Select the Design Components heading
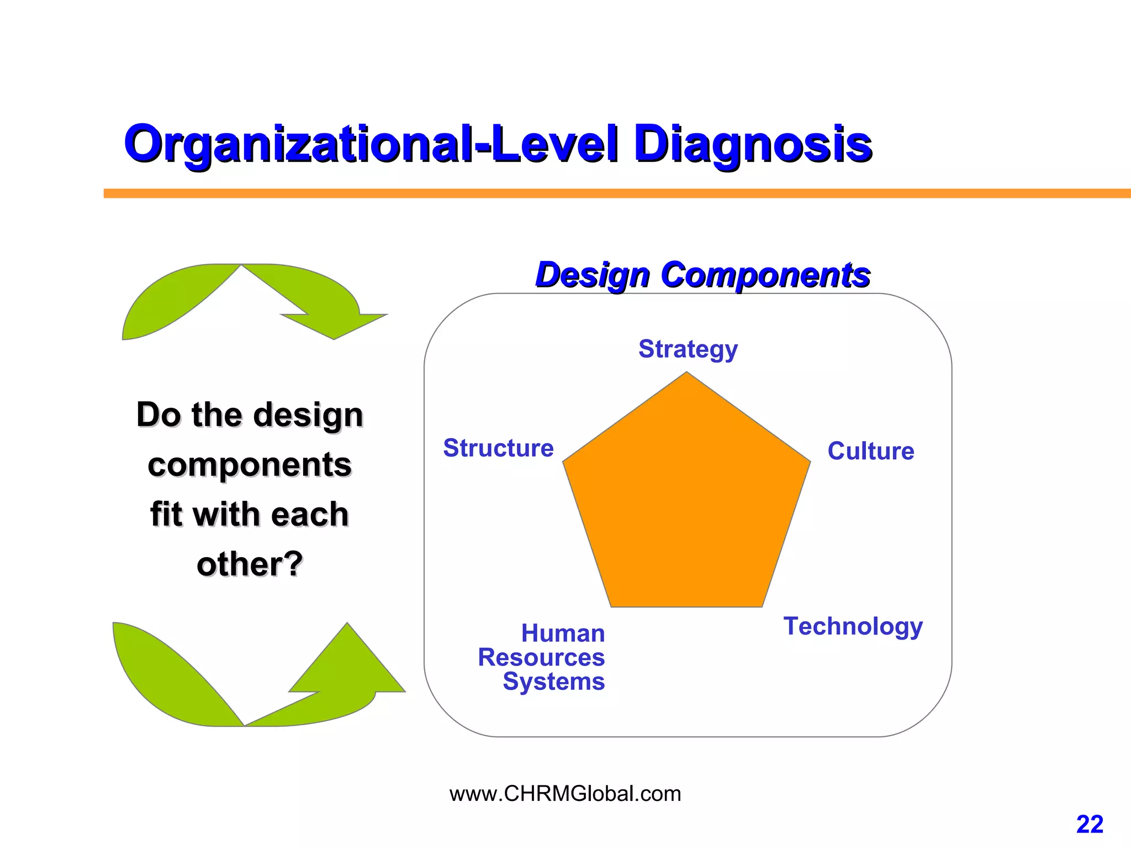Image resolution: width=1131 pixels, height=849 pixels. point(702,275)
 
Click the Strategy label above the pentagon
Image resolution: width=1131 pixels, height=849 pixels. point(688,349)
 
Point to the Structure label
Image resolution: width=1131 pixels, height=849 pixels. point(498,448)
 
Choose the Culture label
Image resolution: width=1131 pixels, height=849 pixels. point(871,451)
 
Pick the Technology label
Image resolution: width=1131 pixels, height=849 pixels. point(853,626)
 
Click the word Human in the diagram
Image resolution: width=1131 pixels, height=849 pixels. point(563,633)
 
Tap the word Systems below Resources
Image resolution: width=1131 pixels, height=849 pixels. point(553,682)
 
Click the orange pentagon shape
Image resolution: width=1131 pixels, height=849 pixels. point(686,503)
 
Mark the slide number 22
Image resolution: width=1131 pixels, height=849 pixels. point(1090,825)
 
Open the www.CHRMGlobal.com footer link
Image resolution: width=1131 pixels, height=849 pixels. point(565,794)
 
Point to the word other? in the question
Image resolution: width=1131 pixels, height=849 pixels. point(250,564)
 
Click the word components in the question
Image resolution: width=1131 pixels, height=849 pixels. point(250,465)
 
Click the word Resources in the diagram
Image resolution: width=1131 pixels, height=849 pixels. point(541,658)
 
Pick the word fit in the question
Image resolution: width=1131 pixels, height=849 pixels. point(167,515)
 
